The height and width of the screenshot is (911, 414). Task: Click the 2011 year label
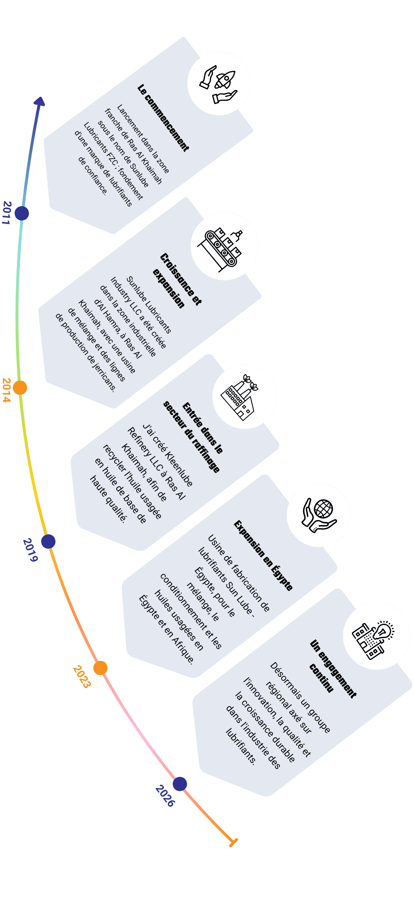(6, 212)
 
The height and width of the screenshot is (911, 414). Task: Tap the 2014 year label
(6, 390)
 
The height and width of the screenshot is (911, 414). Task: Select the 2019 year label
(30, 550)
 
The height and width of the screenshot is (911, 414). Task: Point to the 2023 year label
(82, 676)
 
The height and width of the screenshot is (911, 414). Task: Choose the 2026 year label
(165, 795)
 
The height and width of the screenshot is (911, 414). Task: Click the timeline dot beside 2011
(22, 213)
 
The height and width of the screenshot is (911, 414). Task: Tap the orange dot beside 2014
(20, 388)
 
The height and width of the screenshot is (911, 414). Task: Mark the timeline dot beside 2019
(48, 541)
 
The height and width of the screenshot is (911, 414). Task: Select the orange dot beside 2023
(100, 668)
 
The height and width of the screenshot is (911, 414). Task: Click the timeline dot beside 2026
(180, 784)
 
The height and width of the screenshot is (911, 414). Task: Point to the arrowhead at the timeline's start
(40, 102)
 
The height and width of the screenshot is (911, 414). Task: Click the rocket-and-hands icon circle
(219, 83)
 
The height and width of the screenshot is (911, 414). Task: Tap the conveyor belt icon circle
(224, 246)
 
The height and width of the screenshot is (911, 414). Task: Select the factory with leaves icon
(244, 397)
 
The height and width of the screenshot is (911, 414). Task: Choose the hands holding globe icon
(318, 515)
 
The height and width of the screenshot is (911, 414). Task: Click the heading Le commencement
(163, 118)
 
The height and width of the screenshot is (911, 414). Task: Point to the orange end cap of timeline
(233, 842)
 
